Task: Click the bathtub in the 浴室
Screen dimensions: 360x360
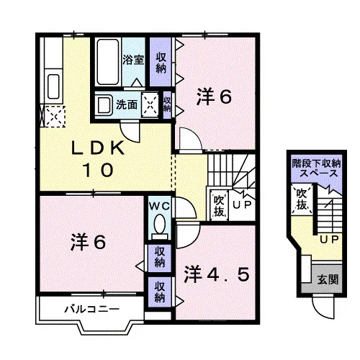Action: pos(108,62)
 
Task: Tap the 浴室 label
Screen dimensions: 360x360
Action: pos(133,60)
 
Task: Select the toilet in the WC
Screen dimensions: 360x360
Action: pos(160,227)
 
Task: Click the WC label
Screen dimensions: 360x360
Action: pos(160,206)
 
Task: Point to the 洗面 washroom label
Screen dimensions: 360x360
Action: pos(127,105)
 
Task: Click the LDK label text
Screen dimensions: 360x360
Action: pos(98,148)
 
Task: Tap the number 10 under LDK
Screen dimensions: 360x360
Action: pos(98,170)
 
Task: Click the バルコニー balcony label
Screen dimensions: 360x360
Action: pos(92,309)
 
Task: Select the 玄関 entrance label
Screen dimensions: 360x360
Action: pos(328,279)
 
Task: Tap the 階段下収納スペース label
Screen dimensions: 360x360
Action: pos(317,168)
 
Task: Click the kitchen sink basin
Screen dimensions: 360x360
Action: pos(53,86)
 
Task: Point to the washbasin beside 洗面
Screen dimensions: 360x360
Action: pos(104,105)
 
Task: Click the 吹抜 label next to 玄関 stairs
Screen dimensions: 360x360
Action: pos(302,199)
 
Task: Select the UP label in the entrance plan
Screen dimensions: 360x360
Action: pos(329,239)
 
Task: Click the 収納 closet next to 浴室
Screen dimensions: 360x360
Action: pos(161,63)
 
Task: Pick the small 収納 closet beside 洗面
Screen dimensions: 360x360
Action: pos(167,105)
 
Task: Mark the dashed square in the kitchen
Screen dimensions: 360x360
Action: pos(55,117)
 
